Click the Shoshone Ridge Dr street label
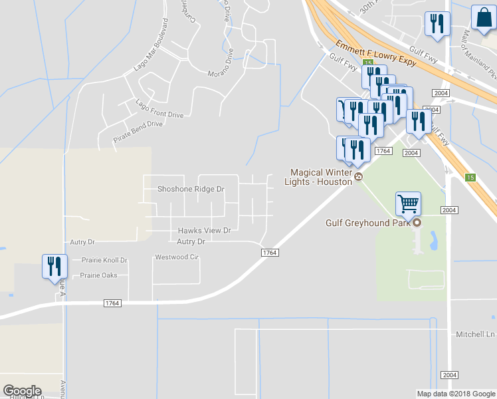(191, 189)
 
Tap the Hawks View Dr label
(204, 231)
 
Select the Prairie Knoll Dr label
(104, 260)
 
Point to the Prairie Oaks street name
(98, 275)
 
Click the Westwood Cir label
(177, 257)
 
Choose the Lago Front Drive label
(159, 110)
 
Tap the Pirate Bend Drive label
(138, 128)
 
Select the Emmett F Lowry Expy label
(376, 53)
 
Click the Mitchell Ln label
(476, 334)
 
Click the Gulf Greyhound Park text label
(367, 223)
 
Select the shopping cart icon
(408, 203)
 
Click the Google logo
(22, 391)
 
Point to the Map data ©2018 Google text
(455, 394)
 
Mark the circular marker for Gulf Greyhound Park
(417, 223)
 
